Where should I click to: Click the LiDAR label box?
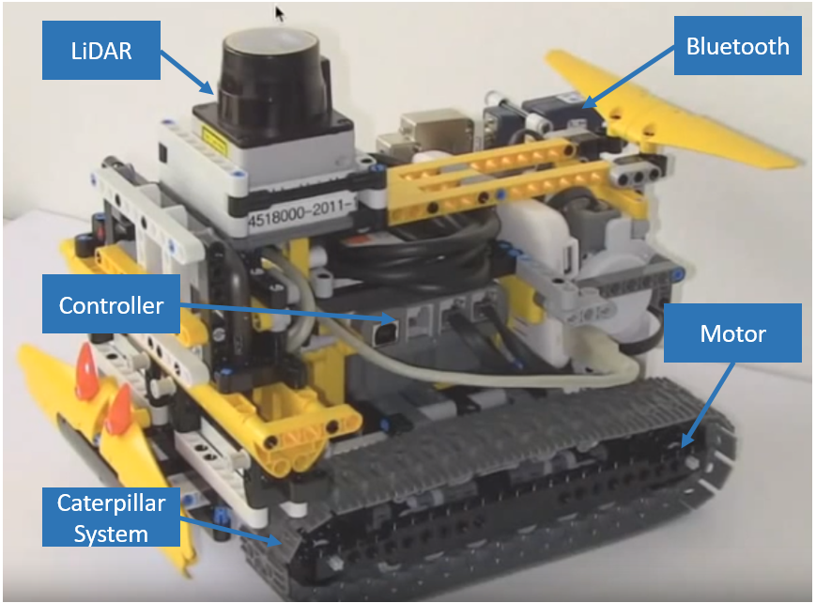click(x=101, y=51)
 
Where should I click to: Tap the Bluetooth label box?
click(x=737, y=46)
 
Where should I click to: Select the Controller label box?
click(x=111, y=304)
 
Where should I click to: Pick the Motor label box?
click(x=732, y=333)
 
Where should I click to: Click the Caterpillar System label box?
click(x=111, y=518)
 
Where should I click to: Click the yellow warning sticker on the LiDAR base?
click(x=214, y=141)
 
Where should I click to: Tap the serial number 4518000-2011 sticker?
click(x=301, y=211)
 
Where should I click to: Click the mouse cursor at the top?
click(x=280, y=14)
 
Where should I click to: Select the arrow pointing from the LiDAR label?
click(x=188, y=73)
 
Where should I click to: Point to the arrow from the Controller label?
click(x=289, y=312)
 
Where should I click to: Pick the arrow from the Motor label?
click(x=708, y=405)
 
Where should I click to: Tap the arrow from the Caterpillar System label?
click(x=232, y=531)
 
